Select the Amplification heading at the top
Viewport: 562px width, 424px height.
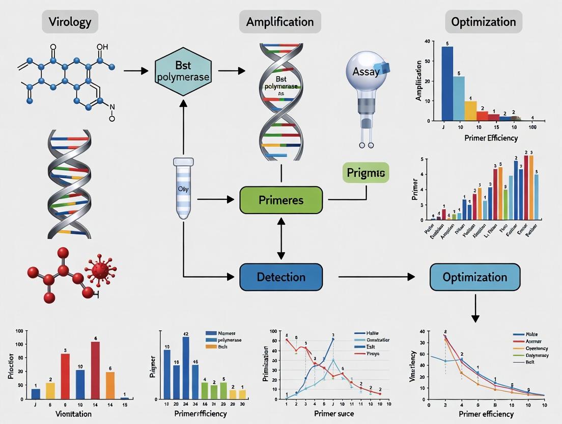280,22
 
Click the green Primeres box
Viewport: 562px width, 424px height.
280,200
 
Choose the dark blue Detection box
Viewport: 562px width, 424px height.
280,277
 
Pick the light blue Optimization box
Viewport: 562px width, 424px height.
474,277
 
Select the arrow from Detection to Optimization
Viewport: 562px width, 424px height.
377,277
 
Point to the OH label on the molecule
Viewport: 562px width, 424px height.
102,47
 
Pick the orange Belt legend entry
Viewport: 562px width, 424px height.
217,347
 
